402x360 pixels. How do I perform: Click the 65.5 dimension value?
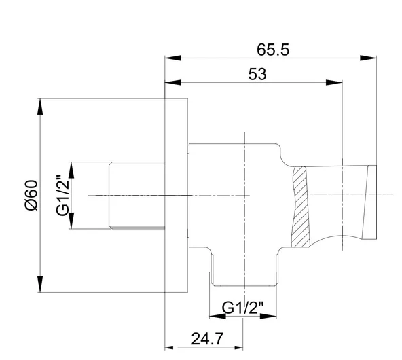coord(273,50)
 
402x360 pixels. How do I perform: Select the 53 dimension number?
coord(257,74)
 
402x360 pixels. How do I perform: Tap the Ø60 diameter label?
coord(31,196)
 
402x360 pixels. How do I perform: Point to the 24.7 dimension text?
coord(207,338)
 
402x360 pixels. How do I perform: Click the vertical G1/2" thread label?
coord(62,196)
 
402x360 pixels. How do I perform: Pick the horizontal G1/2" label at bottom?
coord(242,308)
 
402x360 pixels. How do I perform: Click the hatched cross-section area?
coord(300,207)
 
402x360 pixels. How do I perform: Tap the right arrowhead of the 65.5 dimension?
coord(369,58)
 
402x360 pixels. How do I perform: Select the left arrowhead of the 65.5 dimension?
coord(173,58)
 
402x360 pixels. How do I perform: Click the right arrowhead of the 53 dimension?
coord(334,82)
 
